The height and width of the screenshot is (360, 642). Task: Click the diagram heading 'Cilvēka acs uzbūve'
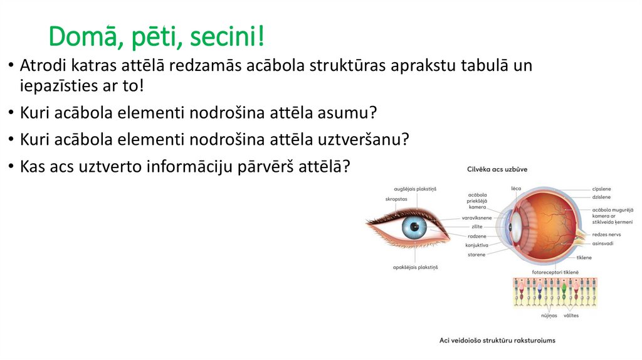[x=497, y=169]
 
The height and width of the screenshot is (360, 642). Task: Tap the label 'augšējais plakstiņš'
[x=414, y=188]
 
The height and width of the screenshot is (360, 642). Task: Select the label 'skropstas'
[x=396, y=199]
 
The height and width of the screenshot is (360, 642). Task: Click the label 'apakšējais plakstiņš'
[x=415, y=267]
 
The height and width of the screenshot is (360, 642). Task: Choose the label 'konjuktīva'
[x=476, y=245]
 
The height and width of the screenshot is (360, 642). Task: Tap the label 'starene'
[x=476, y=255]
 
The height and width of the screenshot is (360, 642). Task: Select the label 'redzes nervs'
[x=606, y=234]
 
